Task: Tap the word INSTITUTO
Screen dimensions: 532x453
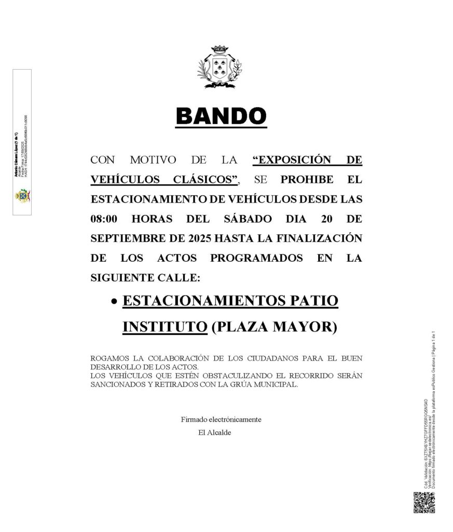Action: [x=161, y=327]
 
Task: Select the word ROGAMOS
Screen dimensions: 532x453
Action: [x=108, y=359]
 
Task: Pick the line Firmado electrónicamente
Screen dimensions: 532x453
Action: [x=221, y=419]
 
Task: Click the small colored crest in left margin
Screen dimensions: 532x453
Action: [x=22, y=196]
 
